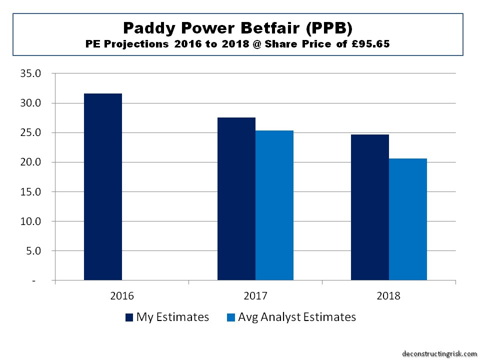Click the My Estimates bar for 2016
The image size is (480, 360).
coord(103,187)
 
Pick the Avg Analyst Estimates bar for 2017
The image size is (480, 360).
coord(274,205)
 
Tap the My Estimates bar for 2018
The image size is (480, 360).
coord(370,207)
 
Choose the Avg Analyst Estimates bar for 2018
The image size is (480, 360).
coord(408,219)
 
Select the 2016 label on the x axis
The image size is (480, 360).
coord(122,295)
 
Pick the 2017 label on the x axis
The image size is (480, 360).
coord(255,295)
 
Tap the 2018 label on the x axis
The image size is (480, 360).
coord(389,295)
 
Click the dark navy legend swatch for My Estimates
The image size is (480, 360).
coord(129,317)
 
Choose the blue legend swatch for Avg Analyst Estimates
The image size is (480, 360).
coord(230,317)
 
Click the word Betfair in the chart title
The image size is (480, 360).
coord(268,28)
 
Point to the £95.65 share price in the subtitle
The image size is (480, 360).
coord(366,44)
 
